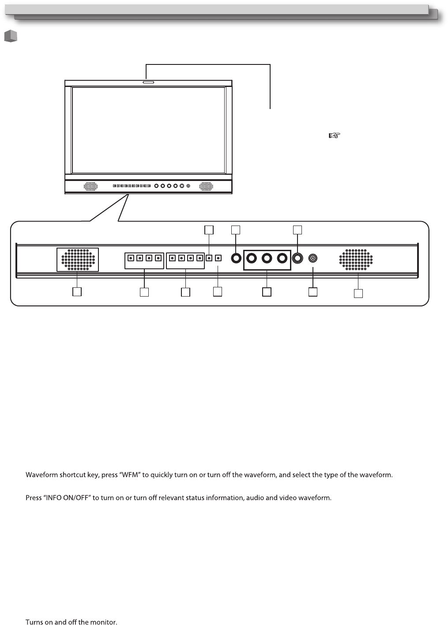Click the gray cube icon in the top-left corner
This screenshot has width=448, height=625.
11,36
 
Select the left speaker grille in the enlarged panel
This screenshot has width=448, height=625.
78,259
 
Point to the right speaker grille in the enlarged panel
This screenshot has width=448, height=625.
356,259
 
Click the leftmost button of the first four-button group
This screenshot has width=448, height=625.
130,258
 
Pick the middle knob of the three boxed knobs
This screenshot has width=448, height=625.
267,258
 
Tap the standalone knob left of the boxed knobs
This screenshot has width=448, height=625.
237,258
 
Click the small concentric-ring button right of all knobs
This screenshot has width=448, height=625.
313,258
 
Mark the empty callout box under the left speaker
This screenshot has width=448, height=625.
77,292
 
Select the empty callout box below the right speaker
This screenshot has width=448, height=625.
358,293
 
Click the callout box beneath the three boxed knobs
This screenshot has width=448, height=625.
267,292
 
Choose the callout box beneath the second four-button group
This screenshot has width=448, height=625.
185,292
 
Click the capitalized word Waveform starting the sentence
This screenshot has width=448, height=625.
42,475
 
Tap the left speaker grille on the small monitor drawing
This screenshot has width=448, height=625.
90,186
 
